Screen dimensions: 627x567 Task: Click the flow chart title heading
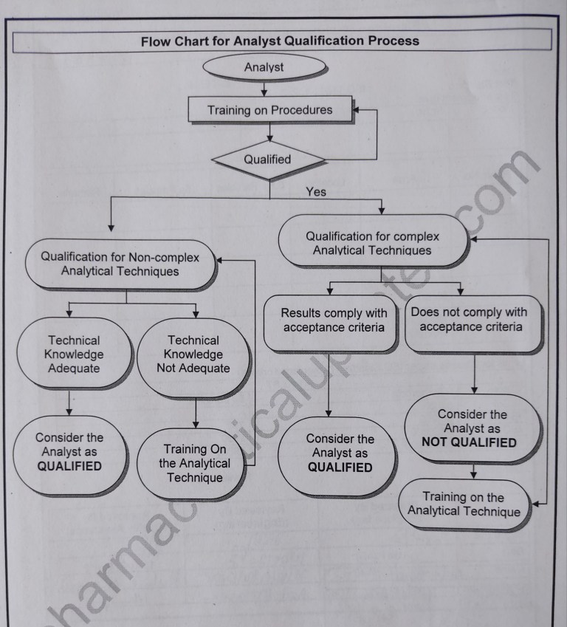point(280,41)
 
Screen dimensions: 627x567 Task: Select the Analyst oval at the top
point(264,68)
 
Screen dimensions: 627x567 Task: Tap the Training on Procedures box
point(269,111)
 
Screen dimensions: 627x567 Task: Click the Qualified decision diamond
point(267,159)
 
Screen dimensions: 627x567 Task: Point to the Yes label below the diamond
point(316,192)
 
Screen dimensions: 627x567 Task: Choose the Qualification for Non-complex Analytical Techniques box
point(120,264)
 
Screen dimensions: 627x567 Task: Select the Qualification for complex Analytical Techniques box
point(373,243)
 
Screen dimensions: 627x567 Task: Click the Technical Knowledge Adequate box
point(74,354)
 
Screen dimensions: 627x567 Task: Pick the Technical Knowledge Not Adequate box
point(193,354)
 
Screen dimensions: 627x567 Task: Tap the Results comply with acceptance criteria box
point(334,321)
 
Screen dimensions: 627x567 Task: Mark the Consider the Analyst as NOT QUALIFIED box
point(470,429)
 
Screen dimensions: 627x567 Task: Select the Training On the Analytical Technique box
point(194,463)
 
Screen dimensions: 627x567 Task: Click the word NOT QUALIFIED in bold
point(470,443)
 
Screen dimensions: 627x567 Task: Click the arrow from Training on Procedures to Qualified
point(271,131)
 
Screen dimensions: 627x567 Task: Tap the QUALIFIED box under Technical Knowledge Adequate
point(69,452)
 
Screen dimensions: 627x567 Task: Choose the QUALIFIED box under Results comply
point(340,453)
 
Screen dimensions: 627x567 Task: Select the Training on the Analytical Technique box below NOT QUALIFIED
point(464,504)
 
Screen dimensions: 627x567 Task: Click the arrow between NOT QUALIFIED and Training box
point(473,470)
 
